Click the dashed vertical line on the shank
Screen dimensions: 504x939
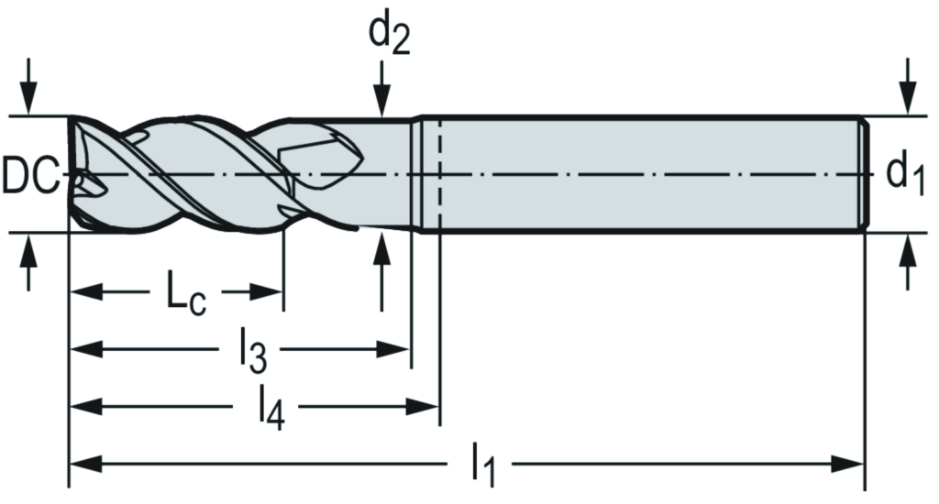(439, 174)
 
